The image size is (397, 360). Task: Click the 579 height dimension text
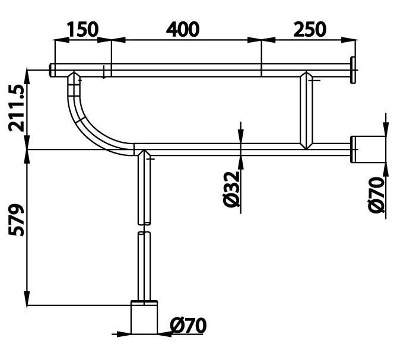click(15, 219)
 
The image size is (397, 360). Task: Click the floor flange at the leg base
click(144, 318)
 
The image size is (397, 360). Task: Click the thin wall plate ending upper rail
click(354, 70)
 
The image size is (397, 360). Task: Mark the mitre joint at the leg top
click(144, 154)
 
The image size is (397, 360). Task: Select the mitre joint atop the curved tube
click(74, 78)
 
